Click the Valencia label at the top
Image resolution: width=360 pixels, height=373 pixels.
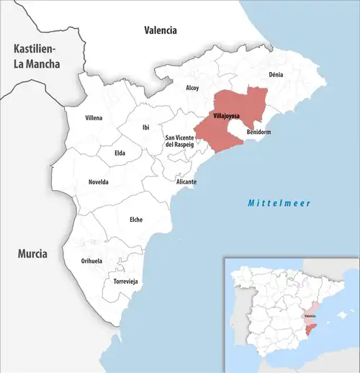[x=160, y=30]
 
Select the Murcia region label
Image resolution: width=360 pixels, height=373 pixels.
[x=32, y=254]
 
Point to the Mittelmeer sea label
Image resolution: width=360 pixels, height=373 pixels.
[x=279, y=204]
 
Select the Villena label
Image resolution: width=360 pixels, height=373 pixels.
[x=94, y=117]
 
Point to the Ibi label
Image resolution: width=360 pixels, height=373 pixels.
[x=146, y=127]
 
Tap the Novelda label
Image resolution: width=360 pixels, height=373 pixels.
[x=98, y=181]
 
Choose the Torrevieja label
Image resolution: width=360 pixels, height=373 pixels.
[x=125, y=281]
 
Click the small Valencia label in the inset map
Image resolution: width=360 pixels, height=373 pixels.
[x=310, y=315]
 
